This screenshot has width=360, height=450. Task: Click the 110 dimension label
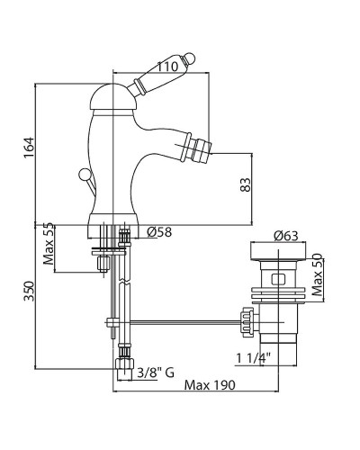pyautogui.click(x=167, y=67)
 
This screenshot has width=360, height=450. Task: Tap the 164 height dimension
pyautogui.click(x=30, y=148)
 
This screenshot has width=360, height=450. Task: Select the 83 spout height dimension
pyautogui.click(x=246, y=185)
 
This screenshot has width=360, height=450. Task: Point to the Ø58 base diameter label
pyautogui.click(x=159, y=231)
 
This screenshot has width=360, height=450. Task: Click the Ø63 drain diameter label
pyautogui.click(x=286, y=236)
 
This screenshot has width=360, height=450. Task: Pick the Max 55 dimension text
pyautogui.click(x=48, y=244)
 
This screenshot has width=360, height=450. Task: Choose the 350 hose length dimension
pyautogui.click(x=30, y=291)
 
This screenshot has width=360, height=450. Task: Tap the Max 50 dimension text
pyautogui.click(x=317, y=274)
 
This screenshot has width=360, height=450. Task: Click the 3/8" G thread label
pyautogui.click(x=156, y=373)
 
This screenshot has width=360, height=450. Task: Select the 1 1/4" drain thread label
pyautogui.click(x=253, y=358)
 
